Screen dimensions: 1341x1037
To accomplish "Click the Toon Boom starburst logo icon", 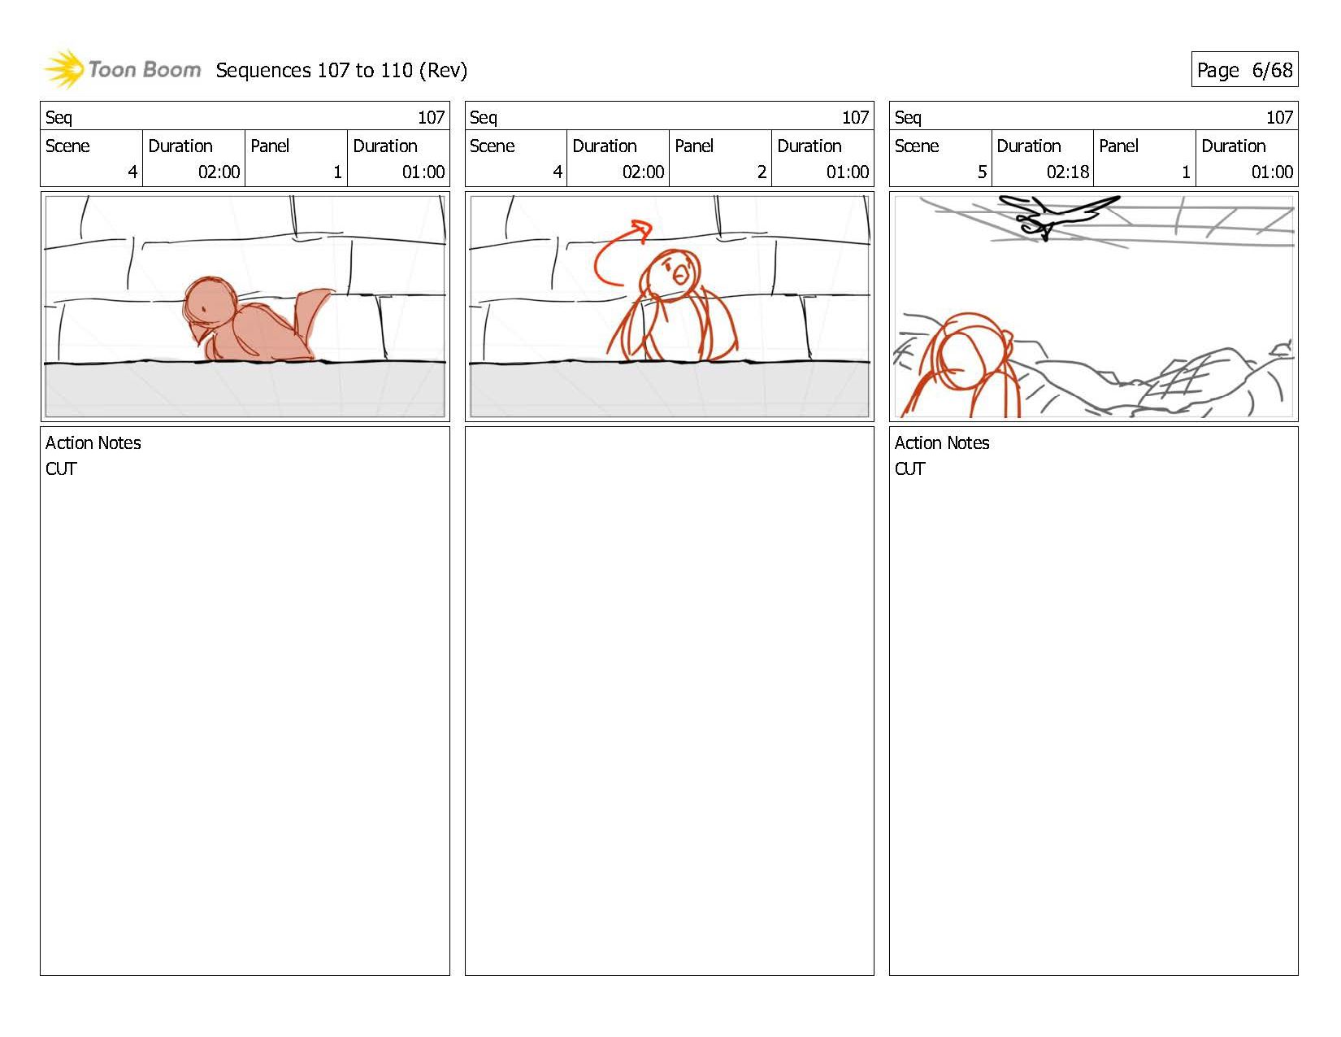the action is point(63,69).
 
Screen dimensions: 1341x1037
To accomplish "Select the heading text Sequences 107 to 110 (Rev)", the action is point(341,71).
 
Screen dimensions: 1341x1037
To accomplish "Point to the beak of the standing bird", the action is point(680,273).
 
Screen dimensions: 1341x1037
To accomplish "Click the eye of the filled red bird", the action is point(204,309).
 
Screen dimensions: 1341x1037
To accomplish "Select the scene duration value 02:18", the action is point(1068,172).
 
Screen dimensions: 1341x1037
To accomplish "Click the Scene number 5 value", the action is point(982,172).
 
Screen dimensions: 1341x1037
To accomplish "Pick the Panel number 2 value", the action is point(762,172).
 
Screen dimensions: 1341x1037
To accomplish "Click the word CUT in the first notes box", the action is point(61,468).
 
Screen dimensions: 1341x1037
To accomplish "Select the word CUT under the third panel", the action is point(909,468).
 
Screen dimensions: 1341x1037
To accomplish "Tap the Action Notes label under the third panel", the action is point(942,442).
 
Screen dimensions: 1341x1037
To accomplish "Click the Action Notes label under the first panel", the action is point(93,442).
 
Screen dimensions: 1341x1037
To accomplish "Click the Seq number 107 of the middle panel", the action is point(855,117).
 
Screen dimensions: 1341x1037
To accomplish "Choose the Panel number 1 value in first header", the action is point(337,172).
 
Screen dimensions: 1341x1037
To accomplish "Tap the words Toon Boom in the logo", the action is point(145,70).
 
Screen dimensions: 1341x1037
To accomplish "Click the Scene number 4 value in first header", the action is point(132,172).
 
